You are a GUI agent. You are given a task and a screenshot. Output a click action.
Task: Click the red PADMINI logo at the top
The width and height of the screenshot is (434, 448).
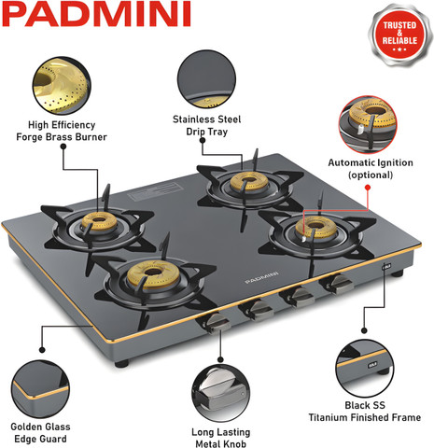[x=96, y=14]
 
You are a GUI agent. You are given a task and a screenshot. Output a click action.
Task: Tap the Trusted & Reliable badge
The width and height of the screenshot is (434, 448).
[x=399, y=35]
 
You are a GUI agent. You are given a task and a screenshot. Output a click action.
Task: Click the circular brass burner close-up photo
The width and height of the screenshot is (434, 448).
[x=62, y=86]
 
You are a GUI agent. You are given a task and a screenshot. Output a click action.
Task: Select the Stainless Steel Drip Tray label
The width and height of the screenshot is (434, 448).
[x=207, y=125]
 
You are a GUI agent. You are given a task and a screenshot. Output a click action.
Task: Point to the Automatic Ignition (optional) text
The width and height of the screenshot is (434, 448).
[x=371, y=169]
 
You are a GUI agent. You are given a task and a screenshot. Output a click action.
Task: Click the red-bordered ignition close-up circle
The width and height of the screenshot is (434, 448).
[x=368, y=125]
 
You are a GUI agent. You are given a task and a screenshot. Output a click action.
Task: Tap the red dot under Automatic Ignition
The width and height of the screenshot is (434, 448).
[x=368, y=188]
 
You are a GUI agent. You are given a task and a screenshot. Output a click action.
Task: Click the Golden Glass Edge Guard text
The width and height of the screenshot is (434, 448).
[x=40, y=433]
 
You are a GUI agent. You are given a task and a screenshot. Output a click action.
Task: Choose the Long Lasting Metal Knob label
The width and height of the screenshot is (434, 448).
[x=221, y=438]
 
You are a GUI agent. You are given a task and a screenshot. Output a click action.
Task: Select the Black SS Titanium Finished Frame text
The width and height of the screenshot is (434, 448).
[x=365, y=412]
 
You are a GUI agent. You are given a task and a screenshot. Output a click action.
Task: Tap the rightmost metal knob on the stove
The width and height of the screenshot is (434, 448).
[x=338, y=285]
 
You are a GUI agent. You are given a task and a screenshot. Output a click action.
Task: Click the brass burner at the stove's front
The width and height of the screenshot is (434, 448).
[x=153, y=274]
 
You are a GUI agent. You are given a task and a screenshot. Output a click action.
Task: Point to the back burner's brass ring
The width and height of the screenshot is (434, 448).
[x=249, y=181]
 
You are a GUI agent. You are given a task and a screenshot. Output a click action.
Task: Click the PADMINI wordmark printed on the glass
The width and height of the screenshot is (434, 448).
[x=261, y=277]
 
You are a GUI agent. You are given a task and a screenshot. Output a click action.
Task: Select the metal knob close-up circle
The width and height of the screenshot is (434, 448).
[x=220, y=393]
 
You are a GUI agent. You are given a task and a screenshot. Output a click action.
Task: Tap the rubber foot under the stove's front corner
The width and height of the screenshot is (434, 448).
[x=121, y=363]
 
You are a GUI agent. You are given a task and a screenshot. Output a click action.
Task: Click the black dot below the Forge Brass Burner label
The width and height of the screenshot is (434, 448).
[x=63, y=147]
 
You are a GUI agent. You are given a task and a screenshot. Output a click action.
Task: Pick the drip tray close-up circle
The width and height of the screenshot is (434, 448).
[x=206, y=79]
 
